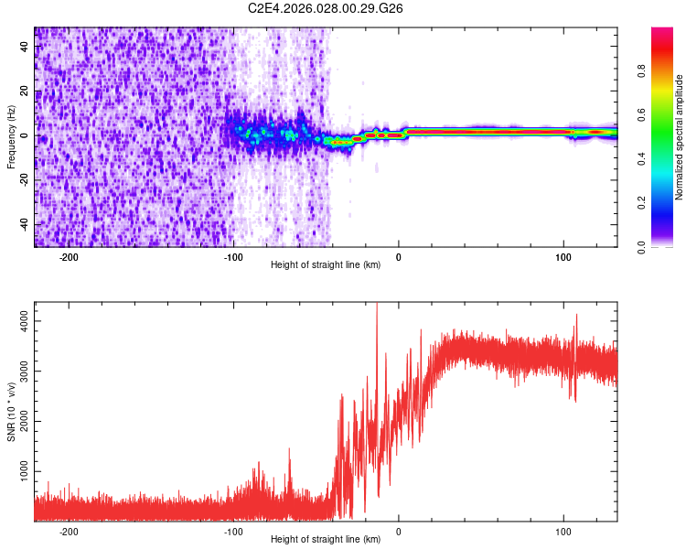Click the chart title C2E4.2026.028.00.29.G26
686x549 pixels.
(327, 8)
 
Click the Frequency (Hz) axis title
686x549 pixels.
(11, 137)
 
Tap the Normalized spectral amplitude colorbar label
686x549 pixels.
(680, 137)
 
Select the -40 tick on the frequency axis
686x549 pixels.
(23, 224)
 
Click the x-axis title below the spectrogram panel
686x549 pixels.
(326, 265)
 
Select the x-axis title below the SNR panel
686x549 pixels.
(326, 540)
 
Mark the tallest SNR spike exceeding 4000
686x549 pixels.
(377, 305)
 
